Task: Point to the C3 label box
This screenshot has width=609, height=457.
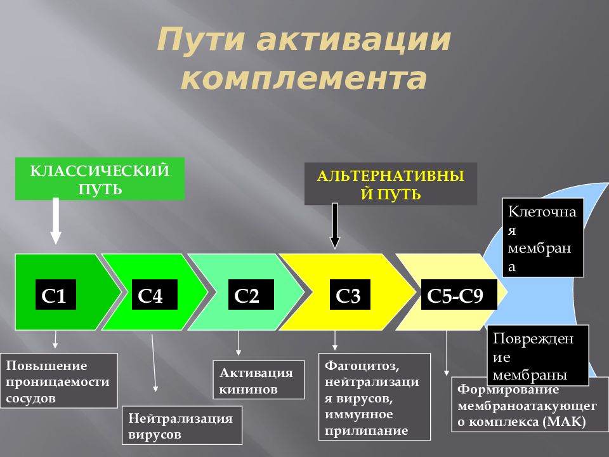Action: (348, 295)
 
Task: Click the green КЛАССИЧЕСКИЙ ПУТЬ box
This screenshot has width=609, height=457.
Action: (100, 179)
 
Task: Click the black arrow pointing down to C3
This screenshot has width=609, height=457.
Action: (336, 226)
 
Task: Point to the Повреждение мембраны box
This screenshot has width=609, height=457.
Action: (537, 356)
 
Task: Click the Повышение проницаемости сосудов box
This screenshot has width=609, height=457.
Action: (60, 381)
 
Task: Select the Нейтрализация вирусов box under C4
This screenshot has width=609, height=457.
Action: (181, 426)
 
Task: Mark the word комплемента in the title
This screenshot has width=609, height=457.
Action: (304, 79)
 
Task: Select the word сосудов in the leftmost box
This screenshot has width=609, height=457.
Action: (31, 398)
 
